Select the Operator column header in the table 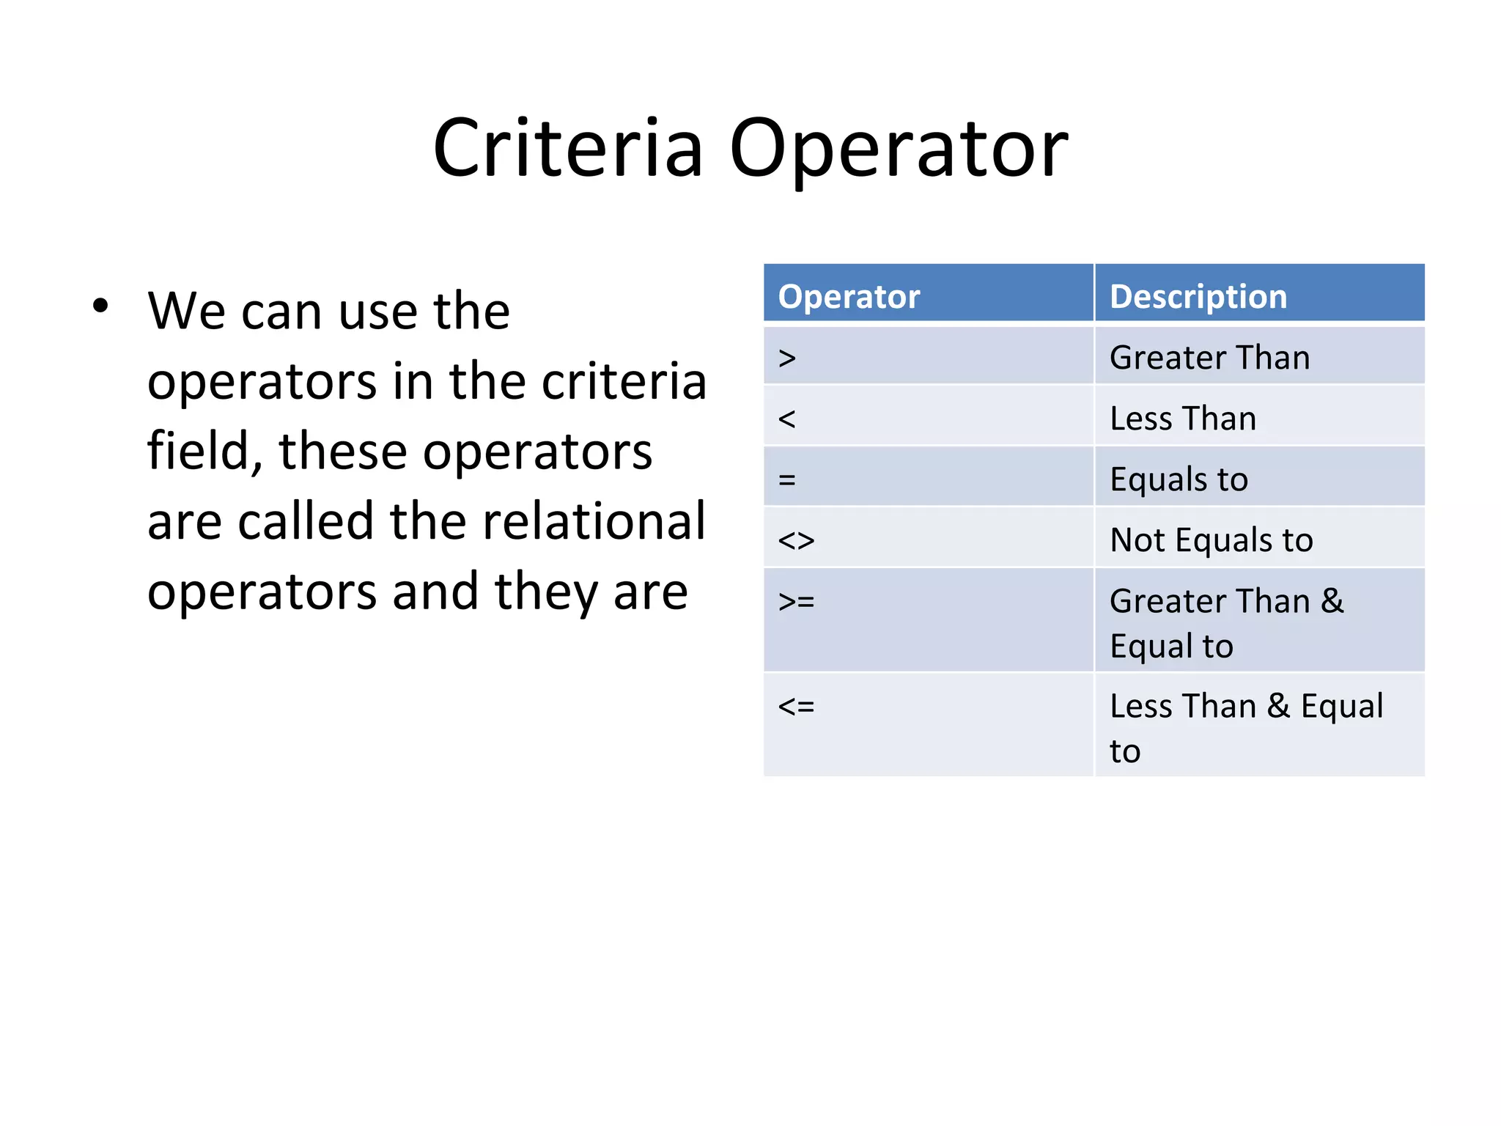click(x=849, y=297)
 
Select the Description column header click(x=1198, y=297)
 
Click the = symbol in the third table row click(x=787, y=480)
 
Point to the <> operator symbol click(x=796, y=541)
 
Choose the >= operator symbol click(x=796, y=602)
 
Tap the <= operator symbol click(x=796, y=707)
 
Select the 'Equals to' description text click(x=1179, y=480)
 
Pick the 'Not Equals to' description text click(x=1211, y=541)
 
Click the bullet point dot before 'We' click(x=100, y=306)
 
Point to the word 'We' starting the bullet click(x=186, y=312)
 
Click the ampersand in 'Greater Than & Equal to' click(x=1332, y=602)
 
